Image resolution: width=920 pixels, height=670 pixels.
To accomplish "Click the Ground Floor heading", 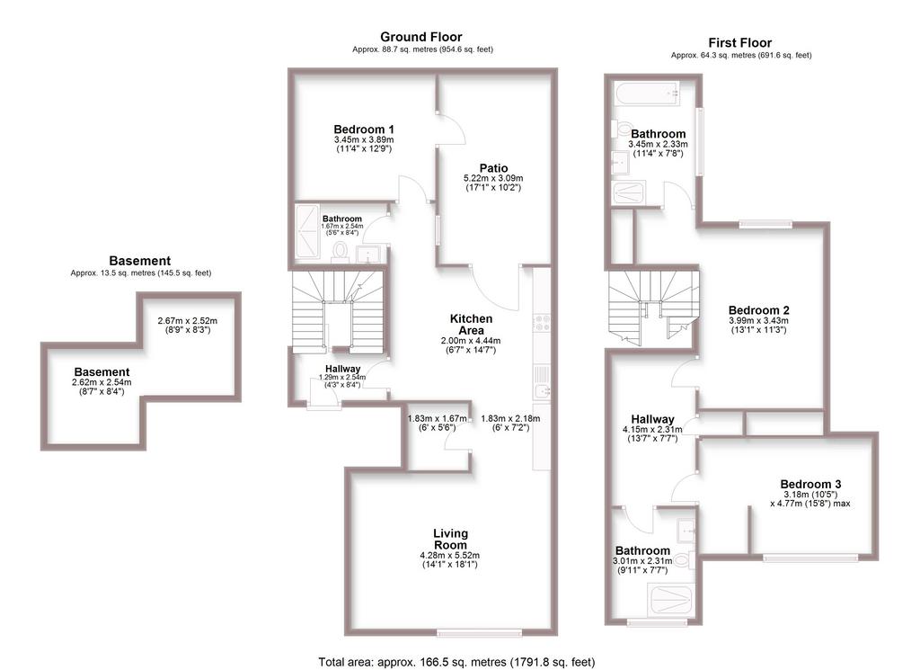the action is (420, 37).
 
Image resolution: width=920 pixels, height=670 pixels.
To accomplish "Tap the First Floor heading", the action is (740, 43).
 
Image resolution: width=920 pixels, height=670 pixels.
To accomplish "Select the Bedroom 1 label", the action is (364, 130).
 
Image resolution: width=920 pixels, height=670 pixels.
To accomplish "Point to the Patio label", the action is (493, 168).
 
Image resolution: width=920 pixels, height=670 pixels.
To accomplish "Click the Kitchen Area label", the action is (471, 324).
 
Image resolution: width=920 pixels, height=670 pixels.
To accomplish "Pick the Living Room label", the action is (450, 539).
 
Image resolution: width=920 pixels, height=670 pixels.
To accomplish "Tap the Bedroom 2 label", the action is (758, 310).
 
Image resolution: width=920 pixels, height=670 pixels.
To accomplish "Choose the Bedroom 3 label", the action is (810, 484).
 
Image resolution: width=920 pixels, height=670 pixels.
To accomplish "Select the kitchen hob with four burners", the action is (541, 322).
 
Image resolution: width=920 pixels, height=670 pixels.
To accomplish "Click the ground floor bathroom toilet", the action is (340, 251).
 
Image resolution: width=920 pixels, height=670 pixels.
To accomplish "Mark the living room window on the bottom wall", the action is (480, 632).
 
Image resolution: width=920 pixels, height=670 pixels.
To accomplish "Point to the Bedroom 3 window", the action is (811, 558).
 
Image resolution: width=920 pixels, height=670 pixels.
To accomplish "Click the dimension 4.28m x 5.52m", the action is (449, 555).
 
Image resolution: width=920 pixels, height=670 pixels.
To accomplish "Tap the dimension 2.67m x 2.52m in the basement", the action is (187, 321).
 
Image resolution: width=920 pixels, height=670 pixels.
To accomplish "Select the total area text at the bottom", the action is (456, 662).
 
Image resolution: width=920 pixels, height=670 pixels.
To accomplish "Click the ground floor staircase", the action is (338, 312).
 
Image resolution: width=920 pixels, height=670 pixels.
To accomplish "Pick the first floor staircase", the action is (654, 306).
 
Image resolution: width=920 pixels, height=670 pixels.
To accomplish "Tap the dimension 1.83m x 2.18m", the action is (510, 419).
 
